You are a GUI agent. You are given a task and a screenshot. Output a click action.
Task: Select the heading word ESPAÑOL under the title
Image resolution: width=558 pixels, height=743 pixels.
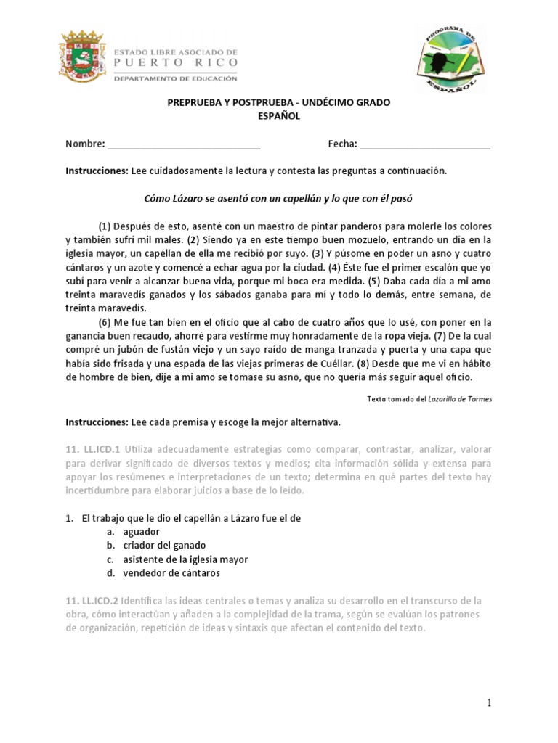pyautogui.click(x=279, y=116)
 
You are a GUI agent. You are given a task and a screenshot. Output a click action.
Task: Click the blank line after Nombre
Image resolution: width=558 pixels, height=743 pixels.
pyautogui.click(x=184, y=144)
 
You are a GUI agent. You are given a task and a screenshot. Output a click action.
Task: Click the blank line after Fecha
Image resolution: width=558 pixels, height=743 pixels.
pyautogui.click(x=425, y=144)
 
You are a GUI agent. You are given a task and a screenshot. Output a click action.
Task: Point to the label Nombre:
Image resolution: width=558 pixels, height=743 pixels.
pyautogui.click(x=85, y=144)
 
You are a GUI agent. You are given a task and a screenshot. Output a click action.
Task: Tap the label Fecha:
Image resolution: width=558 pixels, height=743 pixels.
pyautogui.click(x=342, y=144)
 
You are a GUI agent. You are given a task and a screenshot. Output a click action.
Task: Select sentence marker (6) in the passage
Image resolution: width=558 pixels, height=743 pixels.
pyautogui.click(x=105, y=322)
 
